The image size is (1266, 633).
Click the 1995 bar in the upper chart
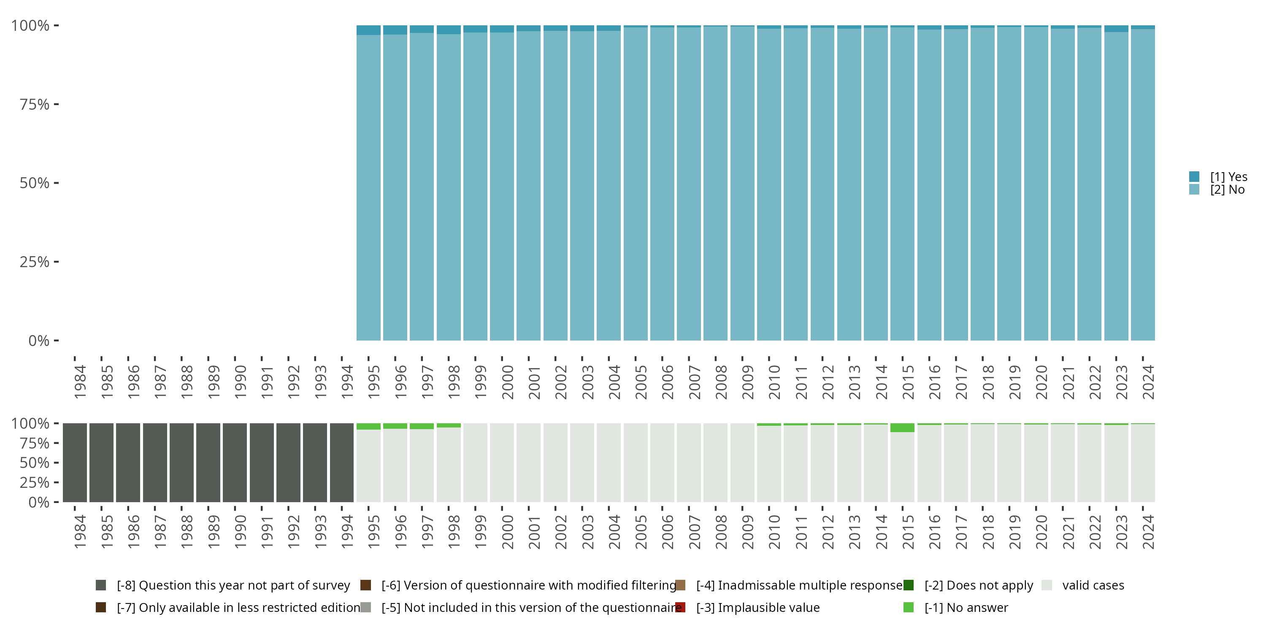(x=368, y=187)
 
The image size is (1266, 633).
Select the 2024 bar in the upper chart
(x=1143, y=187)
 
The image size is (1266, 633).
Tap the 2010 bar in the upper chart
(x=768, y=187)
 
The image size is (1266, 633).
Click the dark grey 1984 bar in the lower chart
(x=75, y=463)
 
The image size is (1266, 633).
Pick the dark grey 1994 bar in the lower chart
(x=341, y=463)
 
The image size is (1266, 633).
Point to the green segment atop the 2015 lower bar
(x=902, y=427)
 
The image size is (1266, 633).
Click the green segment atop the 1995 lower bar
(x=368, y=426)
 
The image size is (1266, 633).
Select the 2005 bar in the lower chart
(x=636, y=463)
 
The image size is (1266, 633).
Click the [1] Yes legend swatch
(x=1194, y=176)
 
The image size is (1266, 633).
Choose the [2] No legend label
(x=1227, y=190)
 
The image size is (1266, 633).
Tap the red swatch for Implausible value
(x=680, y=607)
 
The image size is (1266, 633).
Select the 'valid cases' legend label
(x=1093, y=585)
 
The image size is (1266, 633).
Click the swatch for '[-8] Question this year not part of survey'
(x=101, y=585)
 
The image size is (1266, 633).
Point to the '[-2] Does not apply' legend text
(x=979, y=585)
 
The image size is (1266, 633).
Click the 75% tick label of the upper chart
(x=35, y=104)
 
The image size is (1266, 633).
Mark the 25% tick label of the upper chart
(x=35, y=262)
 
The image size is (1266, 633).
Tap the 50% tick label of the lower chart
(x=35, y=463)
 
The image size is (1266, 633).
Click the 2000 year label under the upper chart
(x=507, y=382)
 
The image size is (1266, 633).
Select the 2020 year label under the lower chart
(x=1041, y=532)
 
